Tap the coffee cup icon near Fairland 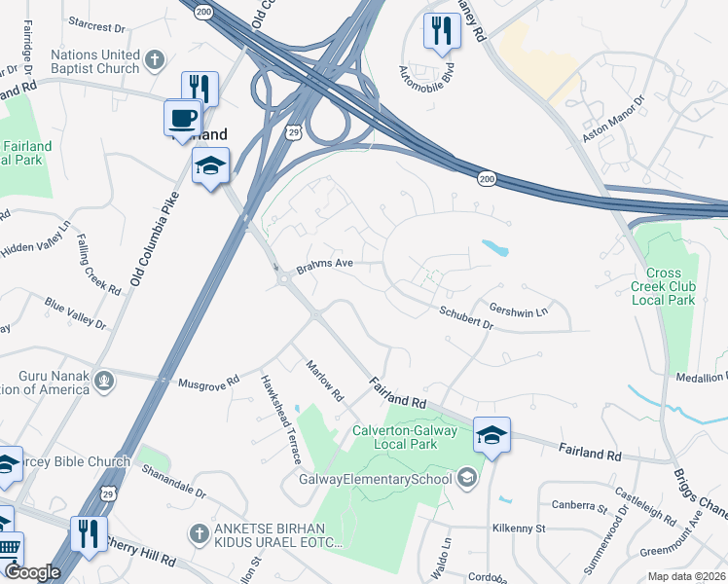182,118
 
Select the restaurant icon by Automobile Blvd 441,30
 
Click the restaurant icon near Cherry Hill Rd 88,533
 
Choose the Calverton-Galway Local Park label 406,435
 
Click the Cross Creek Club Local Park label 664,286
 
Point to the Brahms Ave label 324,263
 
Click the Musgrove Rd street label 208,383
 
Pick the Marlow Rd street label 325,382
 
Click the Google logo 32,573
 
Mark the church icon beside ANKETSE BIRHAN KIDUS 199,533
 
